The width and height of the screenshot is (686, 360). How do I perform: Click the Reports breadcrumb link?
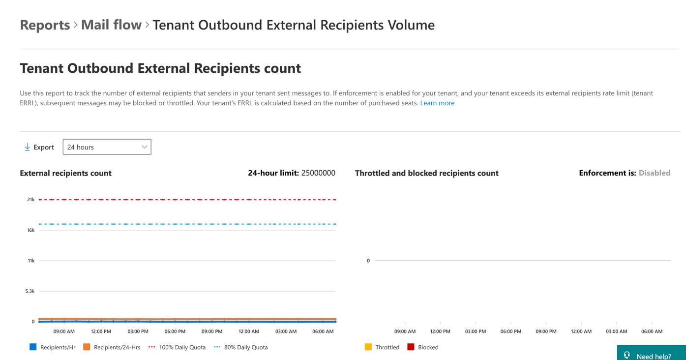tap(45, 25)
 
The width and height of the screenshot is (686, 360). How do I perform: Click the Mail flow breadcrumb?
tap(111, 25)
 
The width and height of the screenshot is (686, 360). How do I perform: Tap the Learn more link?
tap(437, 103)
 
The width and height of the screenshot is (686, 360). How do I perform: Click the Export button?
tap(39, 147)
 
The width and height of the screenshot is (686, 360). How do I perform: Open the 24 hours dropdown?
tap(107, 147)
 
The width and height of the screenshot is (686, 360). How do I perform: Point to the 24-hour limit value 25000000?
tap(318, 173)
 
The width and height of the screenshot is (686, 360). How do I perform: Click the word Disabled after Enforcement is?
tap(655, 173)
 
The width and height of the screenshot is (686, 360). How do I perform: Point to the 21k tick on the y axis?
tap(30, 200)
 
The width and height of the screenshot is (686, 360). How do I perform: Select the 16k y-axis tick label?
tap(30, 230)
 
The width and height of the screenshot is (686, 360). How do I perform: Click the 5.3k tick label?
tap(30, 291)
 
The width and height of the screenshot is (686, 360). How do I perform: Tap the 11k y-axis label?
tap(31, 261)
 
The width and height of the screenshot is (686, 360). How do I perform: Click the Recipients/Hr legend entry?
tap(52, 347)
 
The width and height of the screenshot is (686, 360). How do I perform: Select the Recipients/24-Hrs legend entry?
tap(112, 347)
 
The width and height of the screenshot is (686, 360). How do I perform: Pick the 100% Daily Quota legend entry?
tap(177, 347)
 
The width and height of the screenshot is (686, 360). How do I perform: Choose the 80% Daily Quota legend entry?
tap(240, 347)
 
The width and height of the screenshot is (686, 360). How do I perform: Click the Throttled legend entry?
tap(382, 347)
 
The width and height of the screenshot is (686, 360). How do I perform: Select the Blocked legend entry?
tap(423, 347)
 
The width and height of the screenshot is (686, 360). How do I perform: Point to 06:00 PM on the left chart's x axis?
tap(175, 331)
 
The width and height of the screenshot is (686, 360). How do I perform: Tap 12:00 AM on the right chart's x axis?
tap(581, 331)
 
